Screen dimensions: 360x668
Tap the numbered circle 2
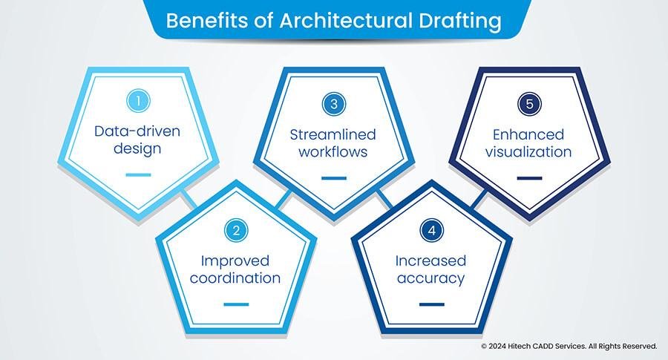click(235, 231)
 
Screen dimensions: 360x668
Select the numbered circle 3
click(334, 104)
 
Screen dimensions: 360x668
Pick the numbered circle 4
click(431, 231)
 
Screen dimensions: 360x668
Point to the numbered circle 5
click(529, 104)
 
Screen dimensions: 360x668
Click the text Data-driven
click(138, 132)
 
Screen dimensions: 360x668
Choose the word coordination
click(235, 278)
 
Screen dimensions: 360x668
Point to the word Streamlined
click(334, 134)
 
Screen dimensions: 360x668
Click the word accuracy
click(431, 278)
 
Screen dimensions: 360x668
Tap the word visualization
click(529, 151)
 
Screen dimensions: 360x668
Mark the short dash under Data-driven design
click(138, 175)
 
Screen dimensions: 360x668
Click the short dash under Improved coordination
click(235, 304)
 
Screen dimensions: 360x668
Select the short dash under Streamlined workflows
click(334, 177)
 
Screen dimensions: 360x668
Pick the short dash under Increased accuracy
click(431, 304)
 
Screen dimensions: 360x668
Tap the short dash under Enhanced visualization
click(529, 177)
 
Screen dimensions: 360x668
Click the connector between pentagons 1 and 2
click(189, 199)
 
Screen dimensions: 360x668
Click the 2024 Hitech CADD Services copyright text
click(569, 346)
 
